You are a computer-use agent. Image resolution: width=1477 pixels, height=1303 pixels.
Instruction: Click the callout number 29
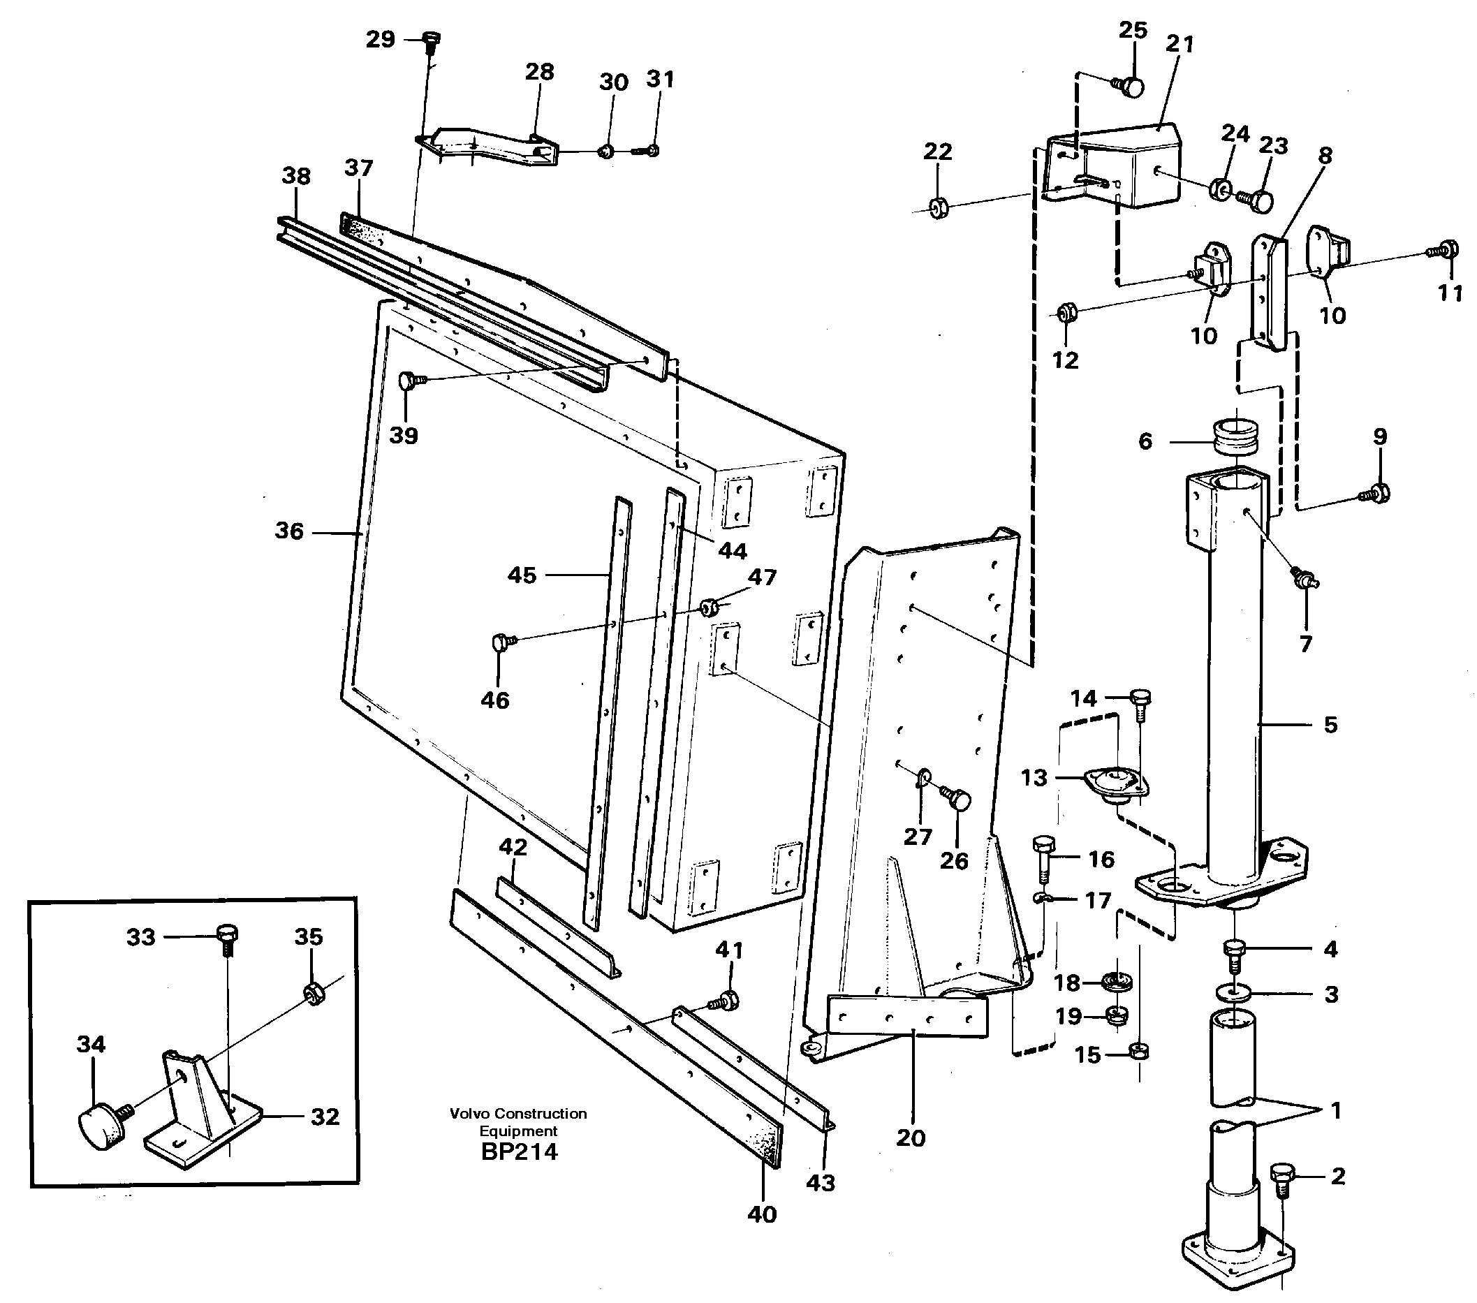click(x=380, y=39)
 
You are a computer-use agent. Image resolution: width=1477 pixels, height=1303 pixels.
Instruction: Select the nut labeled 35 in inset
click(x=313, y=995)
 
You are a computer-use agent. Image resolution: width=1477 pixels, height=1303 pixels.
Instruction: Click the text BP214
click(x=519, y=1151)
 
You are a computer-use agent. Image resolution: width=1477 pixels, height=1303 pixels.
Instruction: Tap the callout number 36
click(x=289, y=531)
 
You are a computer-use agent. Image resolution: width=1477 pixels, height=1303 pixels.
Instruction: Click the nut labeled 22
click(x=938, y=207)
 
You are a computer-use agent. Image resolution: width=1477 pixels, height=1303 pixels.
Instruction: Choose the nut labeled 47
click(x=710, y=605)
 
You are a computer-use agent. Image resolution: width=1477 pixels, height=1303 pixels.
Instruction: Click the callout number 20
click(x=911, y=1138)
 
